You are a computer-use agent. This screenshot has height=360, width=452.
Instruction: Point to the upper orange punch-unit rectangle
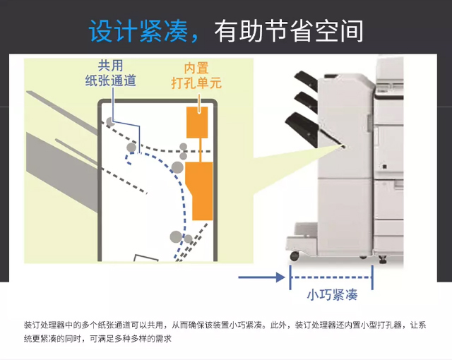[196, 123]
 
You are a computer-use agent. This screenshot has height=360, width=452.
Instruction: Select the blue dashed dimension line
[331, 277]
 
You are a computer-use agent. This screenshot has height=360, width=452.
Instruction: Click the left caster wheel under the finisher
[294, 255]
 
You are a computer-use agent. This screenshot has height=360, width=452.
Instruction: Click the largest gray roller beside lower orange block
[177, 167]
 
